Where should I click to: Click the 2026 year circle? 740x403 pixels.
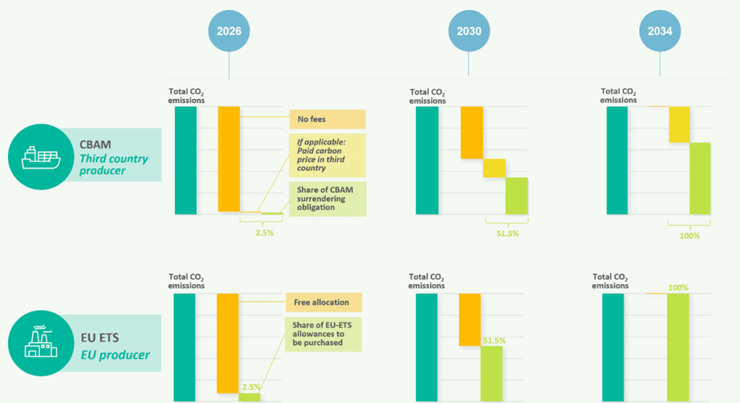click(229, 31)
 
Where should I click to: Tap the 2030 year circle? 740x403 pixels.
click(468, 31)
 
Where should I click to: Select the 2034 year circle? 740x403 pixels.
click(660, 31)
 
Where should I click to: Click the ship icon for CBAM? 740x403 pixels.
click(40, 156)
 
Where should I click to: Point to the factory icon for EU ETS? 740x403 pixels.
click(40, 343)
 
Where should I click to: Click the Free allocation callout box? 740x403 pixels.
click(322, 302)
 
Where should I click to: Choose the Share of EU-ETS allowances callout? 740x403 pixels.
click(322, 333)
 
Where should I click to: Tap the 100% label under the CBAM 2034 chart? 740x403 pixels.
click(690, 236)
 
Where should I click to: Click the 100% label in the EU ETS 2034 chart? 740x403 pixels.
click(678, 288)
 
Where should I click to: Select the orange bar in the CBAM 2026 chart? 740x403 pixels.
click(229, 159)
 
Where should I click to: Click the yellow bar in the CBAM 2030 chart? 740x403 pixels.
click(494, 168)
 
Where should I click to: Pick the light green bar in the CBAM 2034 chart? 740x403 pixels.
click(700, 178)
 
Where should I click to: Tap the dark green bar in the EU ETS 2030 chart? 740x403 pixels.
click(426, 347)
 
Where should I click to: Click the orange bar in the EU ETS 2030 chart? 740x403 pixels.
click(470, 319)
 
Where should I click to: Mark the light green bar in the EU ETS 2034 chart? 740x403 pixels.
click(678, 347)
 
